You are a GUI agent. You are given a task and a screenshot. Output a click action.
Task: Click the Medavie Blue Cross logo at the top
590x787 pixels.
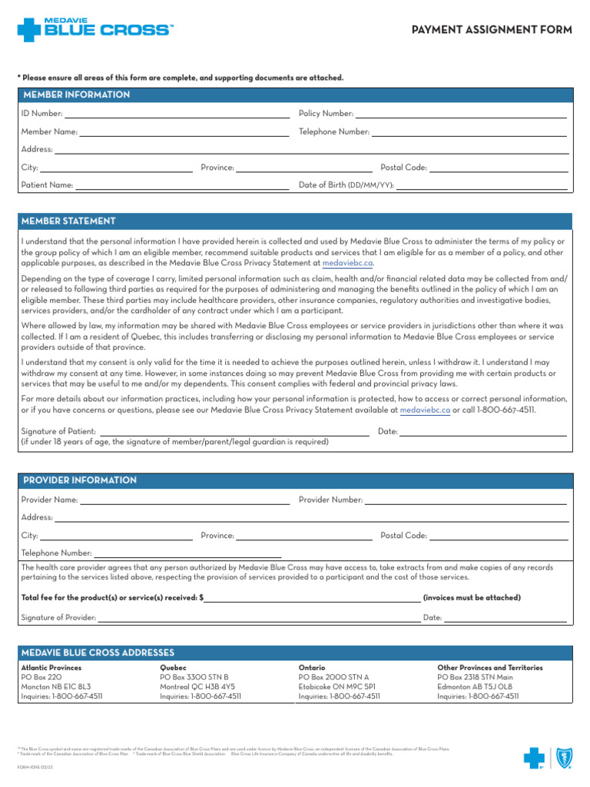coord(94,29)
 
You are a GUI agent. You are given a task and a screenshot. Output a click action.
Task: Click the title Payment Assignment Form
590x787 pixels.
coord(492,30)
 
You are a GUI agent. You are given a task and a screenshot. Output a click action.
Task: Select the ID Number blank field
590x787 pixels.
coord(176,114)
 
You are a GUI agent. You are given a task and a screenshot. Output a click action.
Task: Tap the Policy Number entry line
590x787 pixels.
coord(461,114)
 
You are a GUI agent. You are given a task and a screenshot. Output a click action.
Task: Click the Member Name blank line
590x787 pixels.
coord(184,132)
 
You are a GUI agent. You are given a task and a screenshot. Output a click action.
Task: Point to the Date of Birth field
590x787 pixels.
coord(482,185)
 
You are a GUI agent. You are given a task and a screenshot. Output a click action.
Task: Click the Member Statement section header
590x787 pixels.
coord(69,221)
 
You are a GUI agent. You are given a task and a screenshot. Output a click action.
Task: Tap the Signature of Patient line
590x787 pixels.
coord(234,432)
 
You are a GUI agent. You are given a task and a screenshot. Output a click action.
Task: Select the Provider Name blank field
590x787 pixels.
coord(184,500)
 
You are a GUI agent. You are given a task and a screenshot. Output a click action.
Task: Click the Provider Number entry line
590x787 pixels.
coord(466,500)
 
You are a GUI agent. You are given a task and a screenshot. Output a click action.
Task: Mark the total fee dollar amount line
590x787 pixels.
coord(312,598)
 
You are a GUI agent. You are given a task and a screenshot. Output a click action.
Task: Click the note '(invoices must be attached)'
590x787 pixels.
coord(471,598)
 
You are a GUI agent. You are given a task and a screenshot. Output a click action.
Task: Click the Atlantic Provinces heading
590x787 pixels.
coord(51,668)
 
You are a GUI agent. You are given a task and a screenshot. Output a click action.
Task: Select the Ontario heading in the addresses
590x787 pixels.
coord(312,668)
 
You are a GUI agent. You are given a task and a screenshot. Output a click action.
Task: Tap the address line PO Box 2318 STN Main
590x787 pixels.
coord(475,677)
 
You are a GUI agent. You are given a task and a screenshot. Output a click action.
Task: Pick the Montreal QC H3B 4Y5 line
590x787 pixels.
coord(197,686)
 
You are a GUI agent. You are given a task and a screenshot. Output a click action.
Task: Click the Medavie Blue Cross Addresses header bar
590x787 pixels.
coord(295,653)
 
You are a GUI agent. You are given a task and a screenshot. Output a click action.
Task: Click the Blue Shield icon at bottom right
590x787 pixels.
coord(562,759)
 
